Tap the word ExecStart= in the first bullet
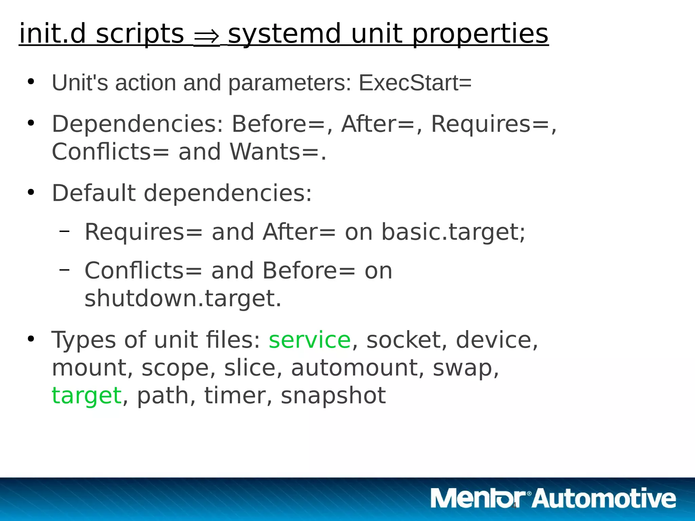pyautogui.click(x=415, y=83)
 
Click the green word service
pyautogui.click(x=309, y=340)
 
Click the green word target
pyautogui.click(x=87, y=396)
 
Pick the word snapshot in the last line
pyautogui.click(x=333, y=396)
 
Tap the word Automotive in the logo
pyautogui.click(x=604, y=498)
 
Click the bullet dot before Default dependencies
pyautogui.click(x=31, y=193)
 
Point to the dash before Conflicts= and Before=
pyautogui.click(x=64, y=270)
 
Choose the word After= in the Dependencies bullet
pyautogui.click(x=378, y=124)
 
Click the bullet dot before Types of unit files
pyautogui.click(x=31, y=339)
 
